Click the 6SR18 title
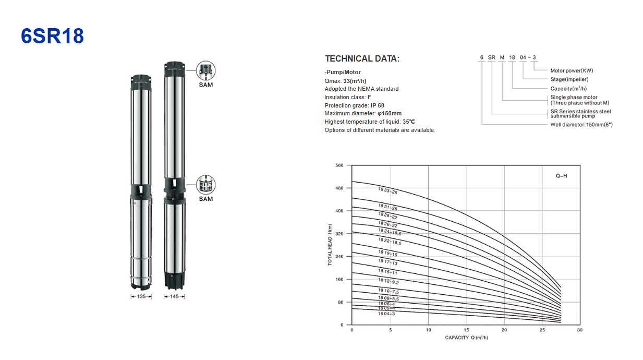pyautogui.click(x=52, y=36)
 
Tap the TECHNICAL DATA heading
pyautogui.click(x=362, y=59)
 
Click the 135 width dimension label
pyautogui.click(x=141, y=296)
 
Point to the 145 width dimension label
pyautogui.click(x=174, y=296)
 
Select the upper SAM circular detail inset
pyautogui.click(x=206, y=70)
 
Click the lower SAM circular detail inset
pyautogui.click(x=206, y=185)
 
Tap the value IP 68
pyautogui.click(x=377, y=105)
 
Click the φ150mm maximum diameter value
pyautogui.click(x=390, y=113)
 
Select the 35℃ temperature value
pyautogui.click(x=408, y=122)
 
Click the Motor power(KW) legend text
pyautogui.click(x=572, y=70)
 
